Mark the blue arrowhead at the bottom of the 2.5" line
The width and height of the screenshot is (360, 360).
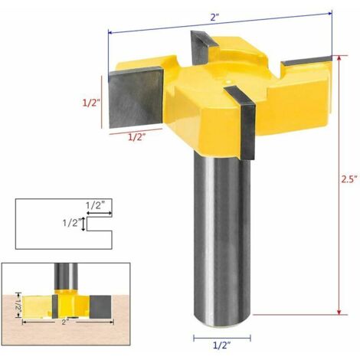point(337,311)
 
